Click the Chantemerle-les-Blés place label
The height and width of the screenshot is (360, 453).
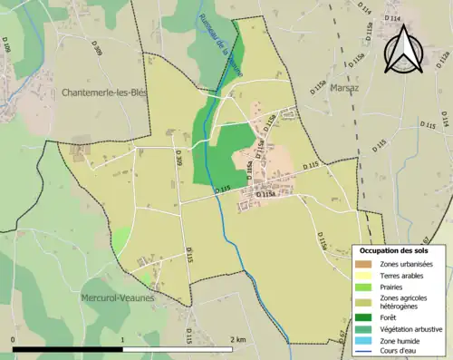[104, 92]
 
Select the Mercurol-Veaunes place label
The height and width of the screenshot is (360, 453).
[117, 297]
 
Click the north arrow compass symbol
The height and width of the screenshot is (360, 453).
[403, 50]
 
